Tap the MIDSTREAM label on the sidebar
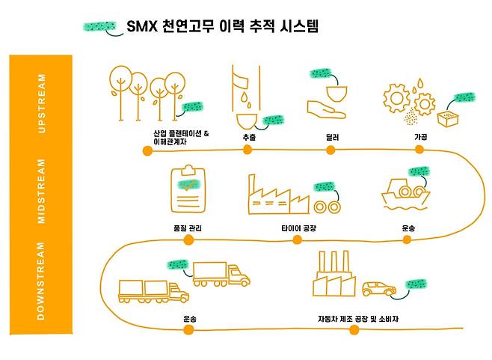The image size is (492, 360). [x=42, y=190]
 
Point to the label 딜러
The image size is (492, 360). [x=333, y=138]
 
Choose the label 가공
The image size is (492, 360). [x=420, y=138]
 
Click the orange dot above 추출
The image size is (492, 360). [x=247, y=150]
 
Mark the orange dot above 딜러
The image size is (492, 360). [x=332, y=150]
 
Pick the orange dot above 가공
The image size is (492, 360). [x=419, y=150]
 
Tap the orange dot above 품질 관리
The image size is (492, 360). [x=188, y=240]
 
